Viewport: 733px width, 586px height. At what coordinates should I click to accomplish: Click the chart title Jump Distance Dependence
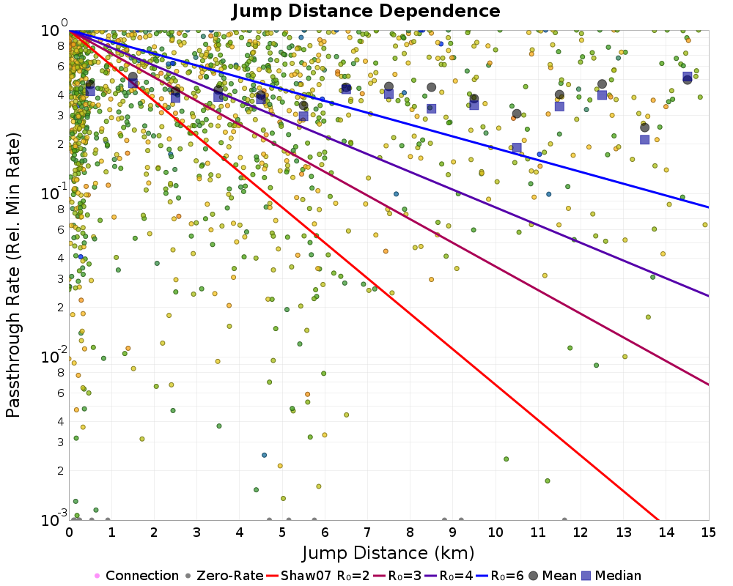pos(366,11)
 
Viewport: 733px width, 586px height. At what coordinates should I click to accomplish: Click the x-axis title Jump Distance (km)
pos(388,552)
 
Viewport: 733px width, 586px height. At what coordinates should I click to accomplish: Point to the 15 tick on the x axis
pos(708,533)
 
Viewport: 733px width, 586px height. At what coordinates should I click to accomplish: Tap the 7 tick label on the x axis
pos(367,533)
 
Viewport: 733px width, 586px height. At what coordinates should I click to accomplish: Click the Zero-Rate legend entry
pos(224,576)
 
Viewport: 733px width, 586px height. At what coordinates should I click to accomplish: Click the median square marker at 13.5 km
pos(644,139)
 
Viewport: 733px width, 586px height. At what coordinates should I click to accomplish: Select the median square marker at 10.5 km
pos(517,147)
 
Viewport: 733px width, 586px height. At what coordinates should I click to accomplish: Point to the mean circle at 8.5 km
pos(431,87)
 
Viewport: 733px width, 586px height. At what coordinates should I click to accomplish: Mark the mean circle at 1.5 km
pos(133,77)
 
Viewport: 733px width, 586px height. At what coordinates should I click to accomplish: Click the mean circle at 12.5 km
pos(602,84)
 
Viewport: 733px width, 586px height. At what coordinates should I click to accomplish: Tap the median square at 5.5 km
pos(303,116)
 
